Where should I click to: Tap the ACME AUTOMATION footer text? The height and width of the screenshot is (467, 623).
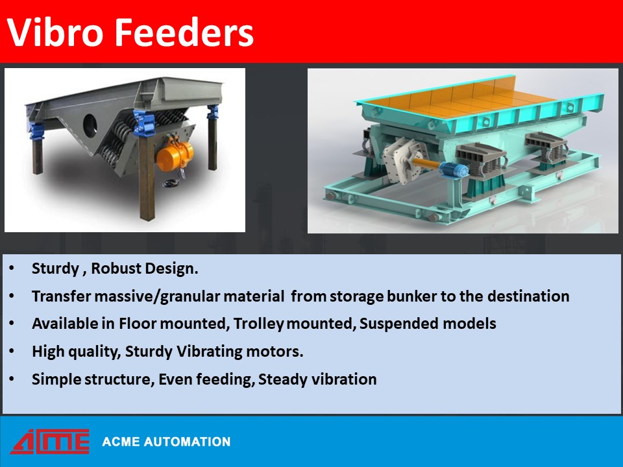click(x=166, y=442)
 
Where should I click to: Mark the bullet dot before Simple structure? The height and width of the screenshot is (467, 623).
click(x=15, y=379)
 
